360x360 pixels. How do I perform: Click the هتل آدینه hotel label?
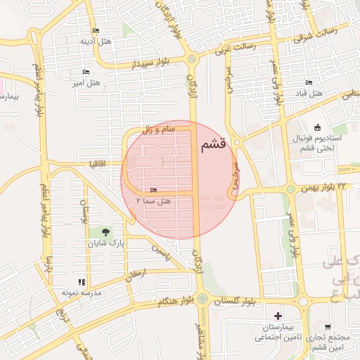(x=96, y=41)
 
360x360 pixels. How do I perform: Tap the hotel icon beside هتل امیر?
(x=86, y=72)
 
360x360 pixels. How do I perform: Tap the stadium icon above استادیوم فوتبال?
(x=317, y=127)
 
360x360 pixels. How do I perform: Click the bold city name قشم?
(x=212, y=145)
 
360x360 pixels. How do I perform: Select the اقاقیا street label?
(x=96, y=163)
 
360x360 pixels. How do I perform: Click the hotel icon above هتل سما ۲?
(x=154, y=191)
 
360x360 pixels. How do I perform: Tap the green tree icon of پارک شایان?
(x=105, y=231)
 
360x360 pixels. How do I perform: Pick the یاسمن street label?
(x=160, y=254)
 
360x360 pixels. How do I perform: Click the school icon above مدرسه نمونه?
(x=82, y=282)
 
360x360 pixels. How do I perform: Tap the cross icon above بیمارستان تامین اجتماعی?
(x=278, y=317)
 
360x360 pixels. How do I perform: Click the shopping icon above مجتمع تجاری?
(x=328, y=326)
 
